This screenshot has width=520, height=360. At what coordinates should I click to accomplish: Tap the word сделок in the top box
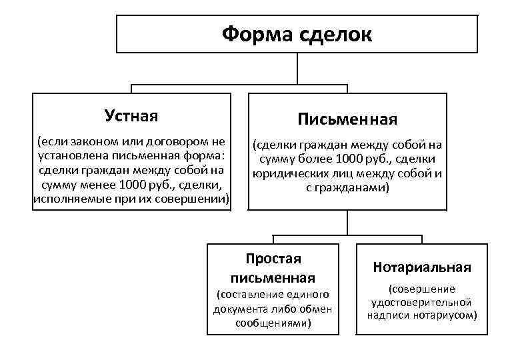[x=337, y=33]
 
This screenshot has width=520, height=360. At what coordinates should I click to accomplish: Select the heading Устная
[x=131, y=116]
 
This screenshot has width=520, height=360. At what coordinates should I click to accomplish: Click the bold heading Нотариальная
[x=422, y=267]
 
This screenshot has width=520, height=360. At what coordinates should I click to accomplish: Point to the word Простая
[x=273, y=259]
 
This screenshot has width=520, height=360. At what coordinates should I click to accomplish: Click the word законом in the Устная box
[x=93, y=141]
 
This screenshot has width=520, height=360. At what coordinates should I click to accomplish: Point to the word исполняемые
[x=66, y=199]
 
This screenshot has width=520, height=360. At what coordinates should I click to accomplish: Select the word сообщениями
[x=271, y=323]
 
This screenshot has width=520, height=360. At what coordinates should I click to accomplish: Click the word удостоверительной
[x=421, y=302]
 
